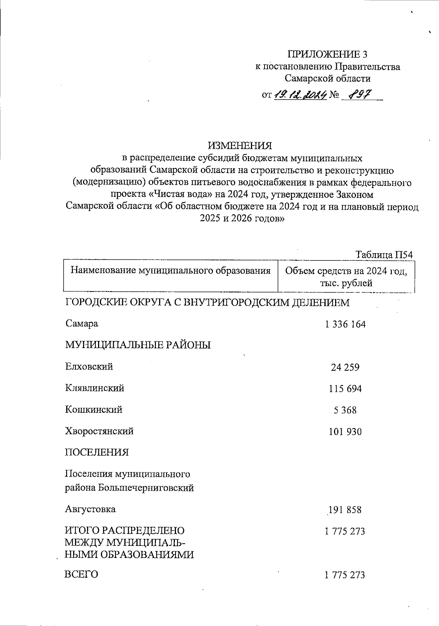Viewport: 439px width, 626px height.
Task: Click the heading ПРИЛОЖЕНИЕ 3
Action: coord(327,54)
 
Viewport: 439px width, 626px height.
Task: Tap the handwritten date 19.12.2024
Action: coord(300,95)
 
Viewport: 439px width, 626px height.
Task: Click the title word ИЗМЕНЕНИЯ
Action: coord(240,146)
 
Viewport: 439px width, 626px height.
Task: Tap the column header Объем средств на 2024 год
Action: coord(346,271)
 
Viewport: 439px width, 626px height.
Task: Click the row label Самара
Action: coord(82,324)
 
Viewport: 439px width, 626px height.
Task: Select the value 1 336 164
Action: coord(345,325)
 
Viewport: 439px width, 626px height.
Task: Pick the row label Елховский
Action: coord(89,367)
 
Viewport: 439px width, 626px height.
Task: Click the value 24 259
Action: coord(345,367)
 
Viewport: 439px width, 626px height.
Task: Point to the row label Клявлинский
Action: coord(94,388)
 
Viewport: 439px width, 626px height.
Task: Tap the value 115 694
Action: coord(345,389)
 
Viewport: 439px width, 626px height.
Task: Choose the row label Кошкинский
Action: coord(94,410)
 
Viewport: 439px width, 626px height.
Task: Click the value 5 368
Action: coord(345,411)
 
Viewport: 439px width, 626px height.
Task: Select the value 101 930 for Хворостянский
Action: coord(345,432)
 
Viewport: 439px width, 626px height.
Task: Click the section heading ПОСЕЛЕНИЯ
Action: coord(97,453)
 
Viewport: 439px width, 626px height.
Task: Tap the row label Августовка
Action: coord(90,509)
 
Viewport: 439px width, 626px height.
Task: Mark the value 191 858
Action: coord(345,510)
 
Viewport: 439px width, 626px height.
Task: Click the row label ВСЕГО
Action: coord(81,574)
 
